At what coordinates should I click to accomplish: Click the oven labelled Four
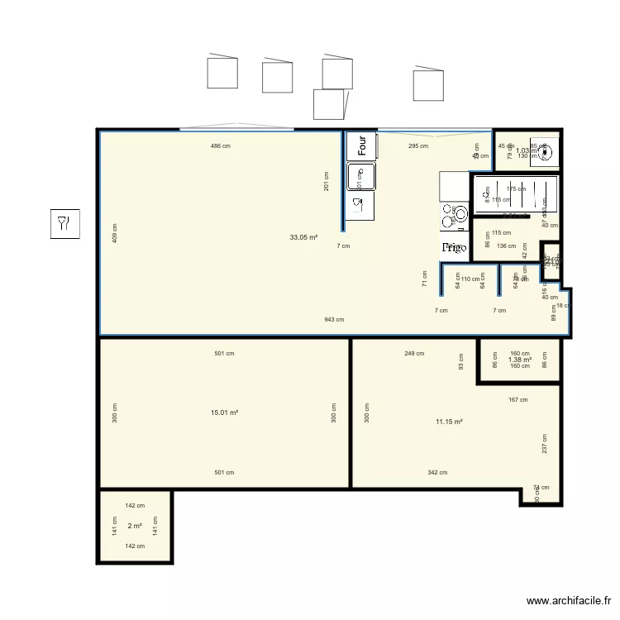[x=361, y=145]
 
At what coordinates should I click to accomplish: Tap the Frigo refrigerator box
[x=454, y=247]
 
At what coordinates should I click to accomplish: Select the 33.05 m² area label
[x=303, y=237]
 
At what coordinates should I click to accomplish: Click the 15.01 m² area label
[x=224, y=413]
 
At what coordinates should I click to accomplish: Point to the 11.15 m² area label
[x=448, y=422]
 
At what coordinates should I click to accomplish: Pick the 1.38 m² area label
[x=519, y=360]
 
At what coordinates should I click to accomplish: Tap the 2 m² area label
[x=135, y=526]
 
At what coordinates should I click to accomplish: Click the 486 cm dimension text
[x=220, y=146]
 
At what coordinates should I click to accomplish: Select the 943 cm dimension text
[x=334, y=319]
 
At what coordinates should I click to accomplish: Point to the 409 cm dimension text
[x=115, y=233]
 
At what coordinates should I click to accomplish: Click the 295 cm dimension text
[x=418, y=146]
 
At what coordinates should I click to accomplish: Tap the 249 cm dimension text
[x=414, y=354]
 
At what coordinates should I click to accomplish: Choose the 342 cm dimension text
[x=438, y=473]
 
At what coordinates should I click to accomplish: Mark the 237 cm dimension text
[x=545, y=444]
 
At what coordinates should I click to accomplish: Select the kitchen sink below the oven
[x=361, y=175]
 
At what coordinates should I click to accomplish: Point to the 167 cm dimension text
[x=517, y=400]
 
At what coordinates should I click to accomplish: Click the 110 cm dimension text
[x=470, y=279]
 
